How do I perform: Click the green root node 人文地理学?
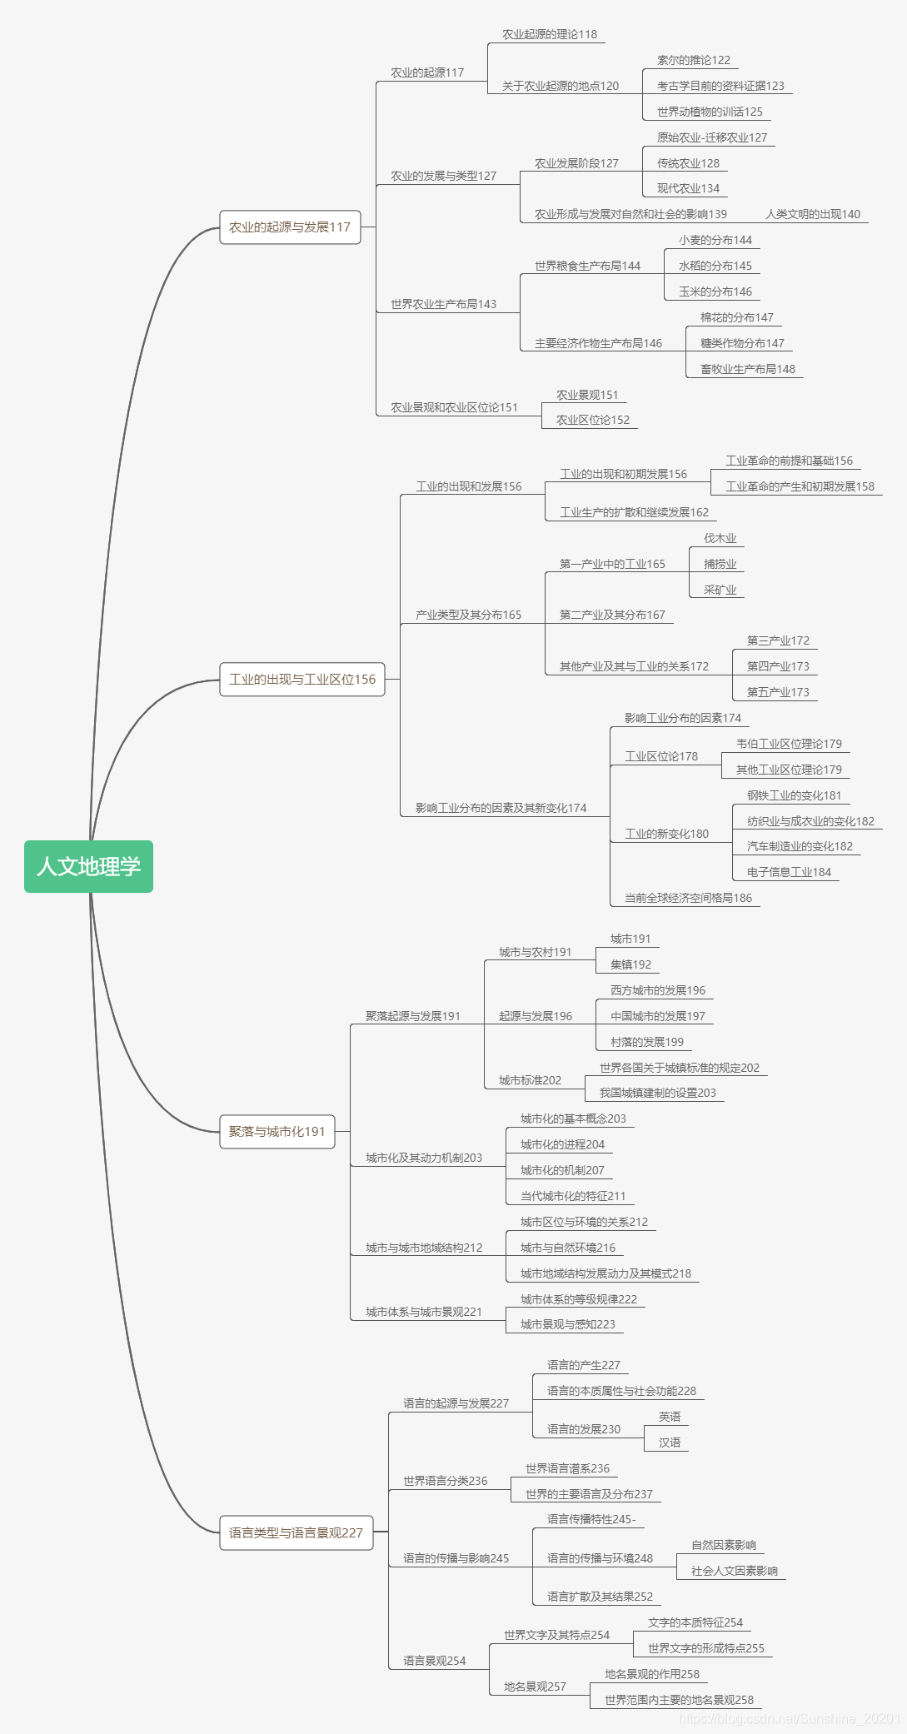point(88,866)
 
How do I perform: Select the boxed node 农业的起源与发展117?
point(290,227)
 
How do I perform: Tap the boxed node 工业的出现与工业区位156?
point(302,680)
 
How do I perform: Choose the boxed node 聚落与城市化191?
point(277,1132)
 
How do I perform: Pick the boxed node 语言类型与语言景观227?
point(296,1532)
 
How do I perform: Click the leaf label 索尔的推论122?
point(693,60)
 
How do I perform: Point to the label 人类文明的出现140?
point(813,214)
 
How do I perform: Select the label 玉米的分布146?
point(715,291)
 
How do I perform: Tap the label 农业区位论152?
point(592,420)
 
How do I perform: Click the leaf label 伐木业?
point(720,538)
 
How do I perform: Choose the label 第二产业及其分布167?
point(612,615)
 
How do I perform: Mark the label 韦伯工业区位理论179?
point(789,744)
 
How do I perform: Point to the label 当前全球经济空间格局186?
point(688,898)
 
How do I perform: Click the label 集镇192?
point(630,964)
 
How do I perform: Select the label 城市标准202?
point(530,1080)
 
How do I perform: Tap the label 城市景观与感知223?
point(567,1324)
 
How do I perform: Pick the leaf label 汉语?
point(669,1443)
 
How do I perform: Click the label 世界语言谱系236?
point(567,1468)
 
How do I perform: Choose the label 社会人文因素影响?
point(734,1571)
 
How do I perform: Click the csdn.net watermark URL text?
point(789,1718)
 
